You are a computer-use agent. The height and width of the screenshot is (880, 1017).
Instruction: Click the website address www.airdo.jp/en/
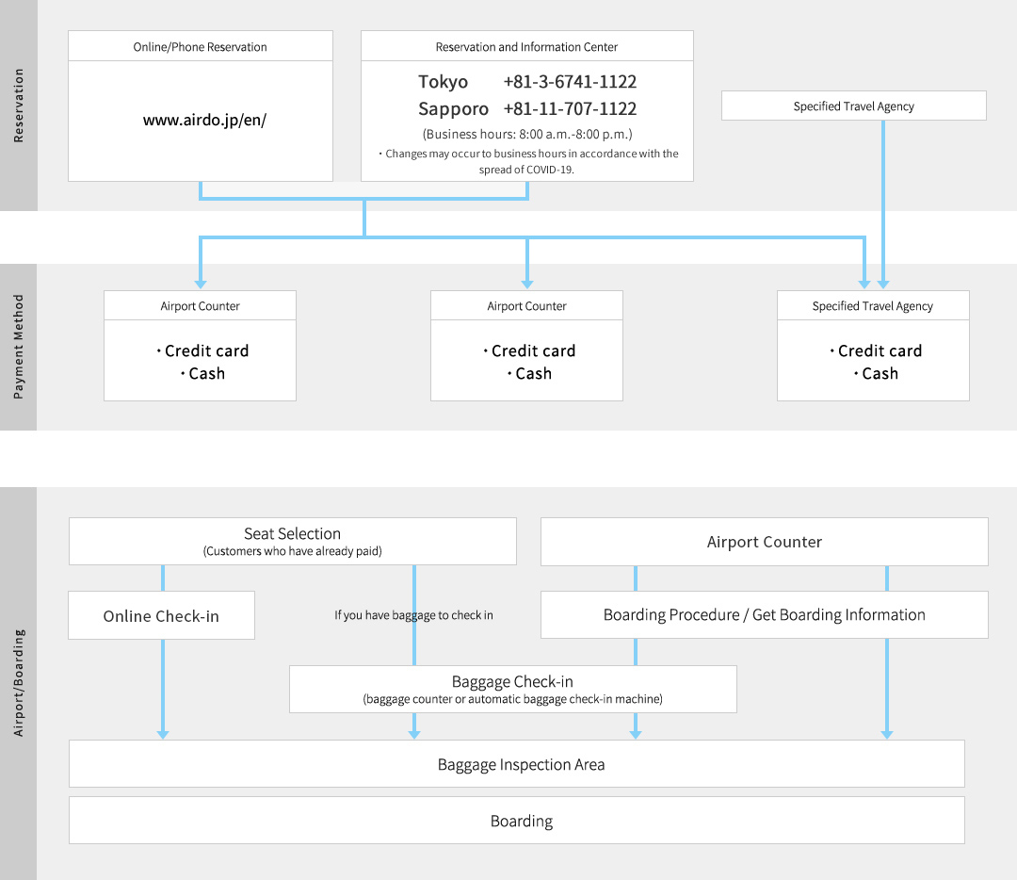click(204, 120)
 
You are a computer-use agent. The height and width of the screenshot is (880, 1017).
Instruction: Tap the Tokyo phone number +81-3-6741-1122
click(570, 82)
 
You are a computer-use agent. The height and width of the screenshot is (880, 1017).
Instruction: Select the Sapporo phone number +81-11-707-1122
click(570, 108)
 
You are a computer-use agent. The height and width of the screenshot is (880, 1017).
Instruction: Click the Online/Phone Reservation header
click(200, 47)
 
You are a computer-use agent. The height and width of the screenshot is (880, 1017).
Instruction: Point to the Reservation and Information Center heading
click(526, 47)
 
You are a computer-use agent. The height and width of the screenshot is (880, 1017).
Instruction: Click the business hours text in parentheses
click(527, 135)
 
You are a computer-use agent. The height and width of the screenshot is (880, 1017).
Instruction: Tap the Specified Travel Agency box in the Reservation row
click(853, 106)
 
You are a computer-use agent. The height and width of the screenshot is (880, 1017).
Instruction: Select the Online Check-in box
click(162, 615)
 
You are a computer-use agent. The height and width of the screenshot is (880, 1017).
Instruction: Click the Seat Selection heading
click(293, 533)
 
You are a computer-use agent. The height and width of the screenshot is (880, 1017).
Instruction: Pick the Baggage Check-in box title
click(512, 681)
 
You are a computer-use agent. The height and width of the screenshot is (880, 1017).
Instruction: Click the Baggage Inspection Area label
click(521, 764)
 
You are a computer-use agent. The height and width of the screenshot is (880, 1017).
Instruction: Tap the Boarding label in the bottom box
click(522, 821)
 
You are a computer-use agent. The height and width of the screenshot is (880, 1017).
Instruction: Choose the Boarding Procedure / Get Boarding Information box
click(765, 614)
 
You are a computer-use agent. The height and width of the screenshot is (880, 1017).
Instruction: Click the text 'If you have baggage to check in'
click(413, 615)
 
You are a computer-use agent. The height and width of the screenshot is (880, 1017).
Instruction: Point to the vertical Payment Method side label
click(18, 348)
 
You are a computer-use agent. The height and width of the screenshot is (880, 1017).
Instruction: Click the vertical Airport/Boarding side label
click(18, 683)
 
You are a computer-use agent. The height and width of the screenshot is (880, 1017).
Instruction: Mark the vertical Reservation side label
click(18, 106)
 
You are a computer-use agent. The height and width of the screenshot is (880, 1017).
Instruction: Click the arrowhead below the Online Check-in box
click(163, 735)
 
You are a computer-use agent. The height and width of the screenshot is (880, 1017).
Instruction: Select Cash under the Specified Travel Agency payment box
click(877, 374)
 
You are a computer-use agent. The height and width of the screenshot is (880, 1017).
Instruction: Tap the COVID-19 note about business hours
click(528, 162)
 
